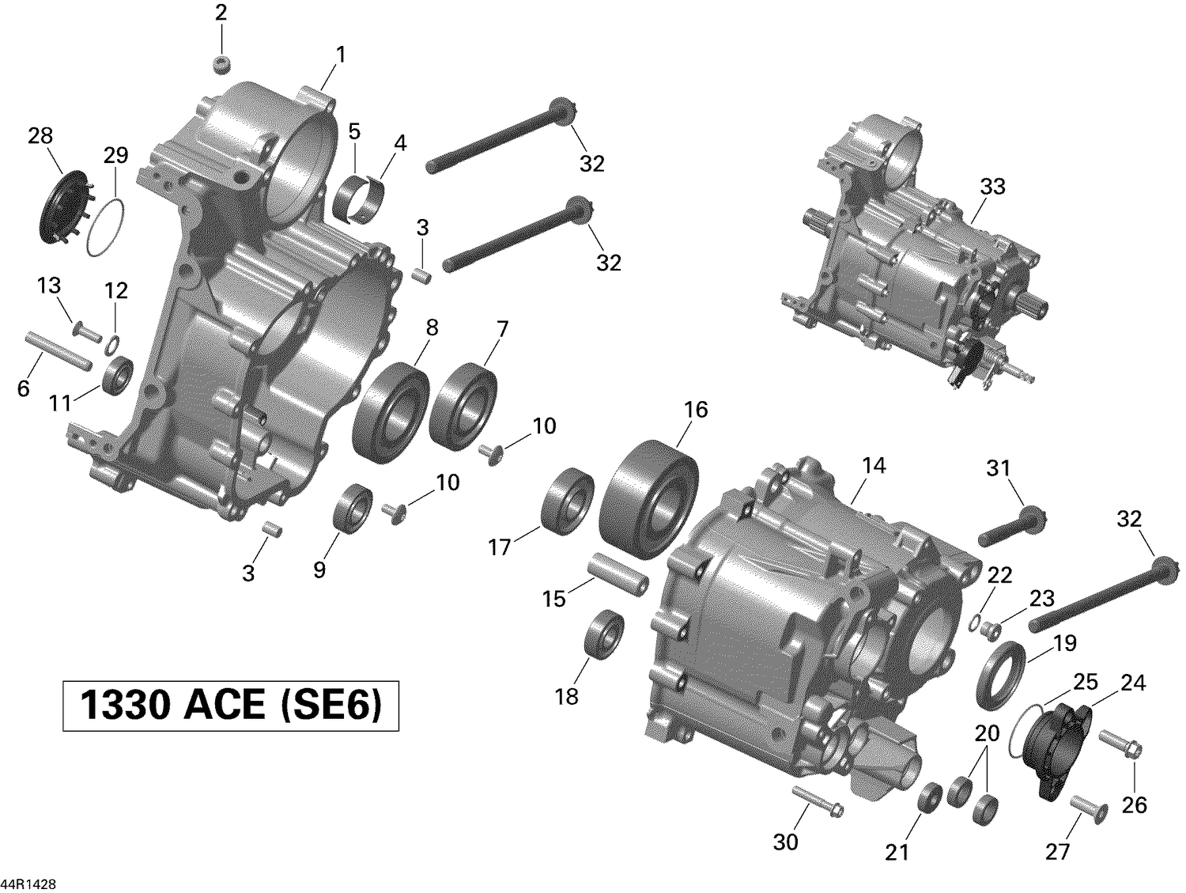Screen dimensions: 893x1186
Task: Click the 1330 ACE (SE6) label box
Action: tap(231, 705)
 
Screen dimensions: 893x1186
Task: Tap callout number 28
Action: tap(40, 137)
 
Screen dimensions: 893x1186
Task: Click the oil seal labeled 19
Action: tap(1000, 675)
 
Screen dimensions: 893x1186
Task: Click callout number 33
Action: tap(992, 187)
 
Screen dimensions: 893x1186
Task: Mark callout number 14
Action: tap(874, 466)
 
